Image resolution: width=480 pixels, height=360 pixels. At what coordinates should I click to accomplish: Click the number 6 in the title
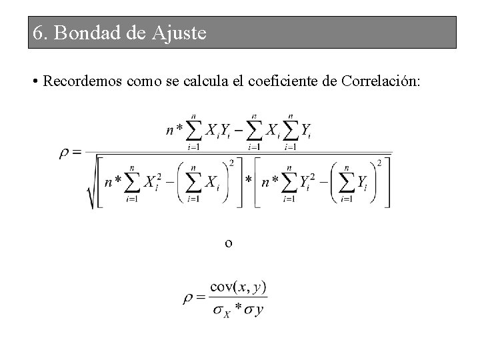tap(38, 33)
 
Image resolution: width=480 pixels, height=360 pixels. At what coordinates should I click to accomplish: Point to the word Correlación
tap(380, 82)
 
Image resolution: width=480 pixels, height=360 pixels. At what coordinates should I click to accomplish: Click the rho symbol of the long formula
tap(64, 153)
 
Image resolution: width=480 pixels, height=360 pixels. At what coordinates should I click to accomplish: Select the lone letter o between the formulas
tap(229, 243)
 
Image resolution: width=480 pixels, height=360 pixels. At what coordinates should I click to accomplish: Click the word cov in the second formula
tap(221, 287)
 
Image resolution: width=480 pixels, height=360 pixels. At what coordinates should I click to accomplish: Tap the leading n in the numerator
tap(170, 131)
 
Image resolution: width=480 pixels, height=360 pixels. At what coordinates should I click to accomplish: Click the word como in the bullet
tap(134, 82)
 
